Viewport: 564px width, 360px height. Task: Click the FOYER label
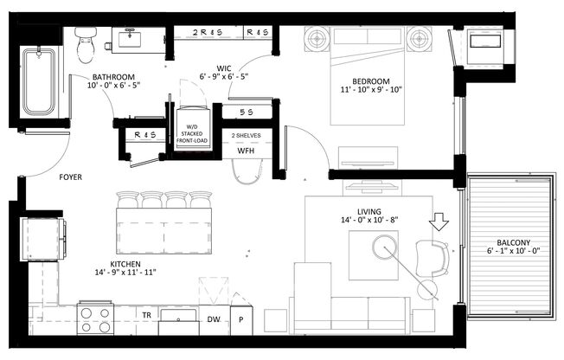click(71, 179)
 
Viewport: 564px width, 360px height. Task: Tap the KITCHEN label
click(125, 264)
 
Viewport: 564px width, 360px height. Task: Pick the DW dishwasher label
click(214, 318)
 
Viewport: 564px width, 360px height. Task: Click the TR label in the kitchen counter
click(148, 315)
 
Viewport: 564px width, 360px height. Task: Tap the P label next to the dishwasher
click(241, 318)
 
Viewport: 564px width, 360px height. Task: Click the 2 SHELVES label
click(246, 135)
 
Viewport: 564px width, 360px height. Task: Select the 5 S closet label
click(245, 112)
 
